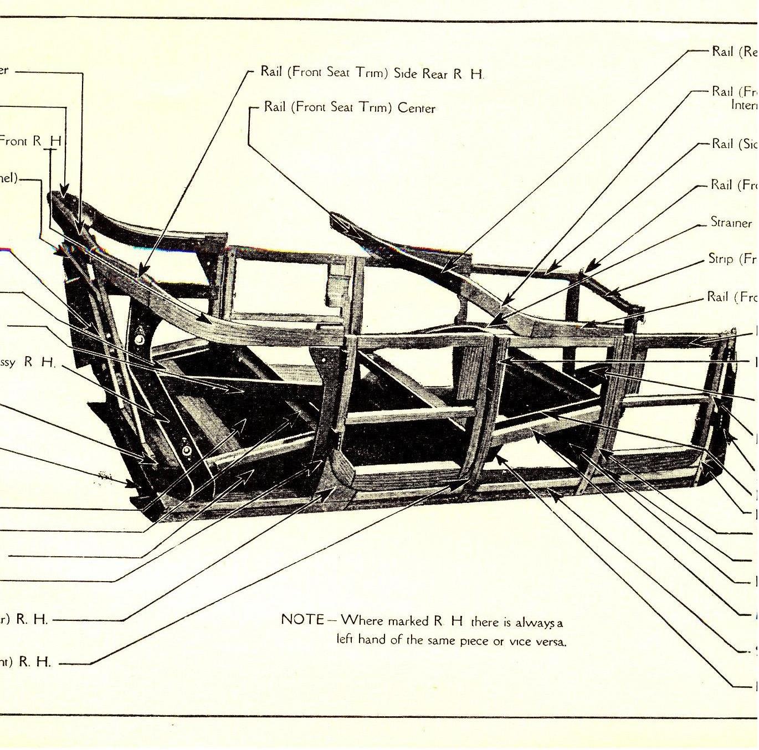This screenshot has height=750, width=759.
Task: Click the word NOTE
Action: [x=302, y=619]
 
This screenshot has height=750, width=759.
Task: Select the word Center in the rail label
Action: [x=416, y=108]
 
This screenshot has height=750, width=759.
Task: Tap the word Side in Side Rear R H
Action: [x=405, y=74]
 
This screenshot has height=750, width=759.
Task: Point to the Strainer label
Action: [x=731, y=222]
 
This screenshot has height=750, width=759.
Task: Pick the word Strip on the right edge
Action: [x=720, y=259]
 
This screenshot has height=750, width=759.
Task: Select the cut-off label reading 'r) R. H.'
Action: [x=24, y=619]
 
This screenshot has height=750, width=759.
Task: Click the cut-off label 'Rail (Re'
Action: [x=734, y=52]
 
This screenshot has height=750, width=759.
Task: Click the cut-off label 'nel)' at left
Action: [x=9, y=178]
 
